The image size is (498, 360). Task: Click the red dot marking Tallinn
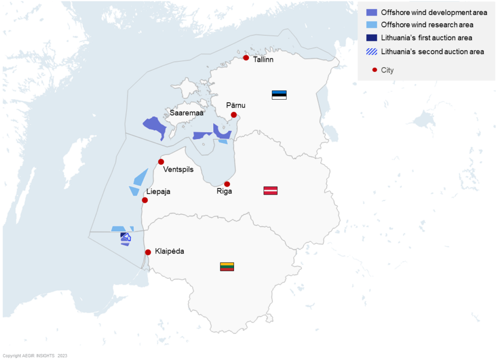pos(246,58)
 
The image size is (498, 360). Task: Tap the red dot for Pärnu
pos(233,115)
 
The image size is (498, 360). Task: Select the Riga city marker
pos(227,184)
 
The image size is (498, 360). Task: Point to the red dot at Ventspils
pos(161,162)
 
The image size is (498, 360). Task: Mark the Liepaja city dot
pos(144,200)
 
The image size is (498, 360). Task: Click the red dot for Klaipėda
pos(148,252)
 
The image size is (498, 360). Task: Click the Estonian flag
pos(279,95)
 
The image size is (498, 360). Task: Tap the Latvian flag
pos(270,190)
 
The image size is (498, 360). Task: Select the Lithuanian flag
pos(227,266)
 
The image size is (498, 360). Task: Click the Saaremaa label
pos(186,113)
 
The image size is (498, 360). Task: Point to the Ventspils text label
pos(179,170)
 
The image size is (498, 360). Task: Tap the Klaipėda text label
pos(170,252)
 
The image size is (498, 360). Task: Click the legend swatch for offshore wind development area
pos(372,12)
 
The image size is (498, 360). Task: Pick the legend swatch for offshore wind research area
pos(372,25)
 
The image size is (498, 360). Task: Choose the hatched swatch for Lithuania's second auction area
pos(372,51)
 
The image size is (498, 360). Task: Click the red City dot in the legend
pos(374,70)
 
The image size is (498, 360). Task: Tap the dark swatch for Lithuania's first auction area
pos(372,38)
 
